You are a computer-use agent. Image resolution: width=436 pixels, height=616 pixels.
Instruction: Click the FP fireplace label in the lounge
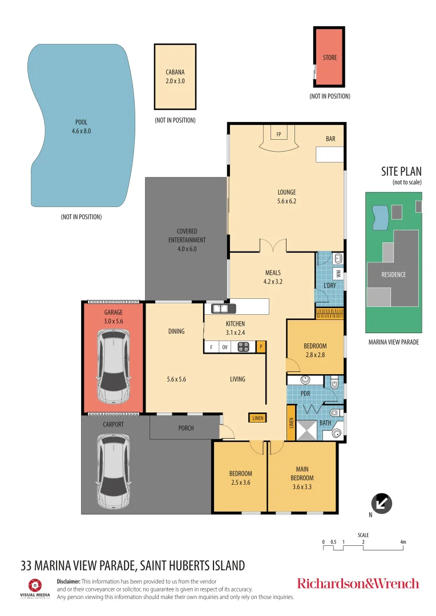(x=278, y=135)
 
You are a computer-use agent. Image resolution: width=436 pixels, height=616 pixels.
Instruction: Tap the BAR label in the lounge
(x=330, y=139)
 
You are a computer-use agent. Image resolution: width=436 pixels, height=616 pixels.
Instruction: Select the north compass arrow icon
(x=382, y=503)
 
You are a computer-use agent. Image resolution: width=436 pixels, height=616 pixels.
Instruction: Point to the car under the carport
(x=114, y=471)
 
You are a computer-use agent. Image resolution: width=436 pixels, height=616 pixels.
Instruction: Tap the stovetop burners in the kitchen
(x=243, y=347)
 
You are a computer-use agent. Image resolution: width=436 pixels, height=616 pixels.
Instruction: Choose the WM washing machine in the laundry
(x=338, y=274)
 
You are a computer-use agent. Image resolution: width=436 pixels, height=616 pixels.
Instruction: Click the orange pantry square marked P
(x=261, y=347)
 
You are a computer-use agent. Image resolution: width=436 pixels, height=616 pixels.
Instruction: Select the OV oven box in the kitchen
(x=225, y=347)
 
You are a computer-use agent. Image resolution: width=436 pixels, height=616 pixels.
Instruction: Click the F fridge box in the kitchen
(x=212, y=347)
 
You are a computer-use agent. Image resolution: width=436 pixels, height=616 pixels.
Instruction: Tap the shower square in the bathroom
(x=306, y=430)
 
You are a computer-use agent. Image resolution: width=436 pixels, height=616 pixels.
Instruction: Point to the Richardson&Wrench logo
(x=358, y=583)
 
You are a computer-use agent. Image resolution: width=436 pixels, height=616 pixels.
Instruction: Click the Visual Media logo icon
(x=35, y=585)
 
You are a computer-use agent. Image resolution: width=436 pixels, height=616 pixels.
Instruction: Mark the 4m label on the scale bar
(x=403, y=542)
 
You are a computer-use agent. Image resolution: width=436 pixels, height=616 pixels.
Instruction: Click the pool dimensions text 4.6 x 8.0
(x=82, y=131)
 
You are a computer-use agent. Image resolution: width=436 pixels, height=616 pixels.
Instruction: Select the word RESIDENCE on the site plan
(x=394, y=274)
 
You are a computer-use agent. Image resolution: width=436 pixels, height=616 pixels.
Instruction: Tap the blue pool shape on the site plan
(x=380, y=217)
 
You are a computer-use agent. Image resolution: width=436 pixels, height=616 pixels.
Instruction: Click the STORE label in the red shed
(x=330, y=58)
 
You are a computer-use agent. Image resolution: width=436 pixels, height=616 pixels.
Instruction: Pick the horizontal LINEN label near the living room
(x=258, y=418)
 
